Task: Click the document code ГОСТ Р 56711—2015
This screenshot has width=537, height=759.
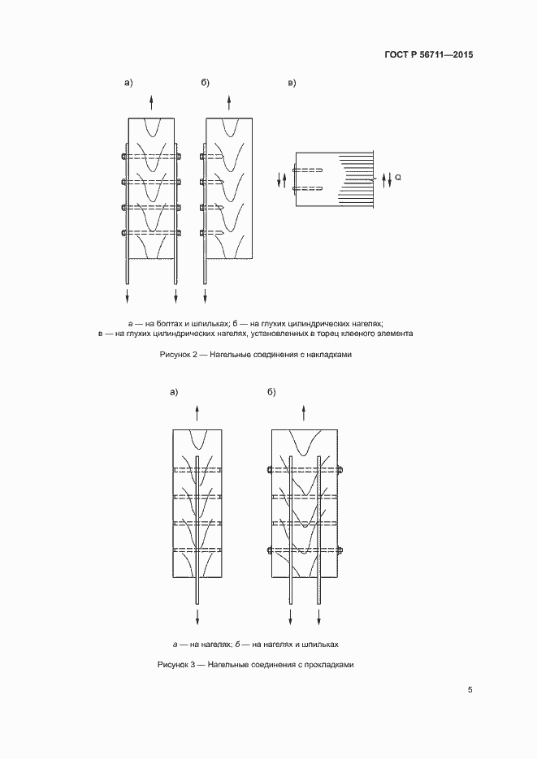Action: click(x=429, y=55)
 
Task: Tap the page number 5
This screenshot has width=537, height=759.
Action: click(x=470, y=690)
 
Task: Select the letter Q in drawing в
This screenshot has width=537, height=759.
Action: click(x=397, y=176)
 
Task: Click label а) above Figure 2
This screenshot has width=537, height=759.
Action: click(x=128, y=83)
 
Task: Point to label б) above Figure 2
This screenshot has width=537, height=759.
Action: click(x=206, y=83)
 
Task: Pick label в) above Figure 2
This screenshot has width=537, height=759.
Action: click(x=292, y=83)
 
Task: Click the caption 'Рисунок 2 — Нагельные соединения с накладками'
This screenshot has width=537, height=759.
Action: click(x=255, y=355)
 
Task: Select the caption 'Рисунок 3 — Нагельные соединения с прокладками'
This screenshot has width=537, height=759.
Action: click(x=255, y=665)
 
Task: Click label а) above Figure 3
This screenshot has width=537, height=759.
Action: click(x=174, y=392)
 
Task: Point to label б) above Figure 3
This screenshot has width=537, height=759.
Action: click(x=271, y=392)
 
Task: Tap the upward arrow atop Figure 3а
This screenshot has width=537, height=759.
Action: click(x=197, y=412)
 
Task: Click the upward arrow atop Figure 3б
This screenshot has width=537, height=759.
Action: click(x=304, y=412)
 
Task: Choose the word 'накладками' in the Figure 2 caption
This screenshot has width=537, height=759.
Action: click(x=331, y=355)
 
